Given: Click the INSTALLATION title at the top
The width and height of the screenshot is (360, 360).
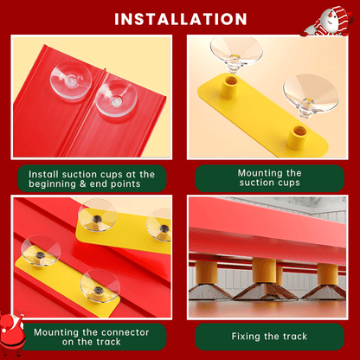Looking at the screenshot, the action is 181,19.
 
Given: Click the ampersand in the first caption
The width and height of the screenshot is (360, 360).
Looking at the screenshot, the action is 83,184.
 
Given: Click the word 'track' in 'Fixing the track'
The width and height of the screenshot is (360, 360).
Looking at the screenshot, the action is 295,337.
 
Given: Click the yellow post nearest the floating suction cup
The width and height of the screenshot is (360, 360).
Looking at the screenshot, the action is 230,87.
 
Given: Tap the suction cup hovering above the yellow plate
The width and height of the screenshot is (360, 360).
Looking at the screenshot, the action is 236,54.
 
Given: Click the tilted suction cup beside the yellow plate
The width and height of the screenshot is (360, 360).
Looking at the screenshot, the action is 311,94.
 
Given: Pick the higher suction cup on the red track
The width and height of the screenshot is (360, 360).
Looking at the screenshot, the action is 71,80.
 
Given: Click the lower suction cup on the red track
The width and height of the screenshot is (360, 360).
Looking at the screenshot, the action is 116,99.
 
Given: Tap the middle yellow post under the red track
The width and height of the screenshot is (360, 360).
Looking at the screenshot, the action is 265,271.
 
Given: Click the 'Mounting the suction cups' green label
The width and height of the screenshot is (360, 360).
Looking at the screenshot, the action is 269,178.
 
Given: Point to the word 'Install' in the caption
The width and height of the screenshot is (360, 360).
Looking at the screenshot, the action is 43,175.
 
